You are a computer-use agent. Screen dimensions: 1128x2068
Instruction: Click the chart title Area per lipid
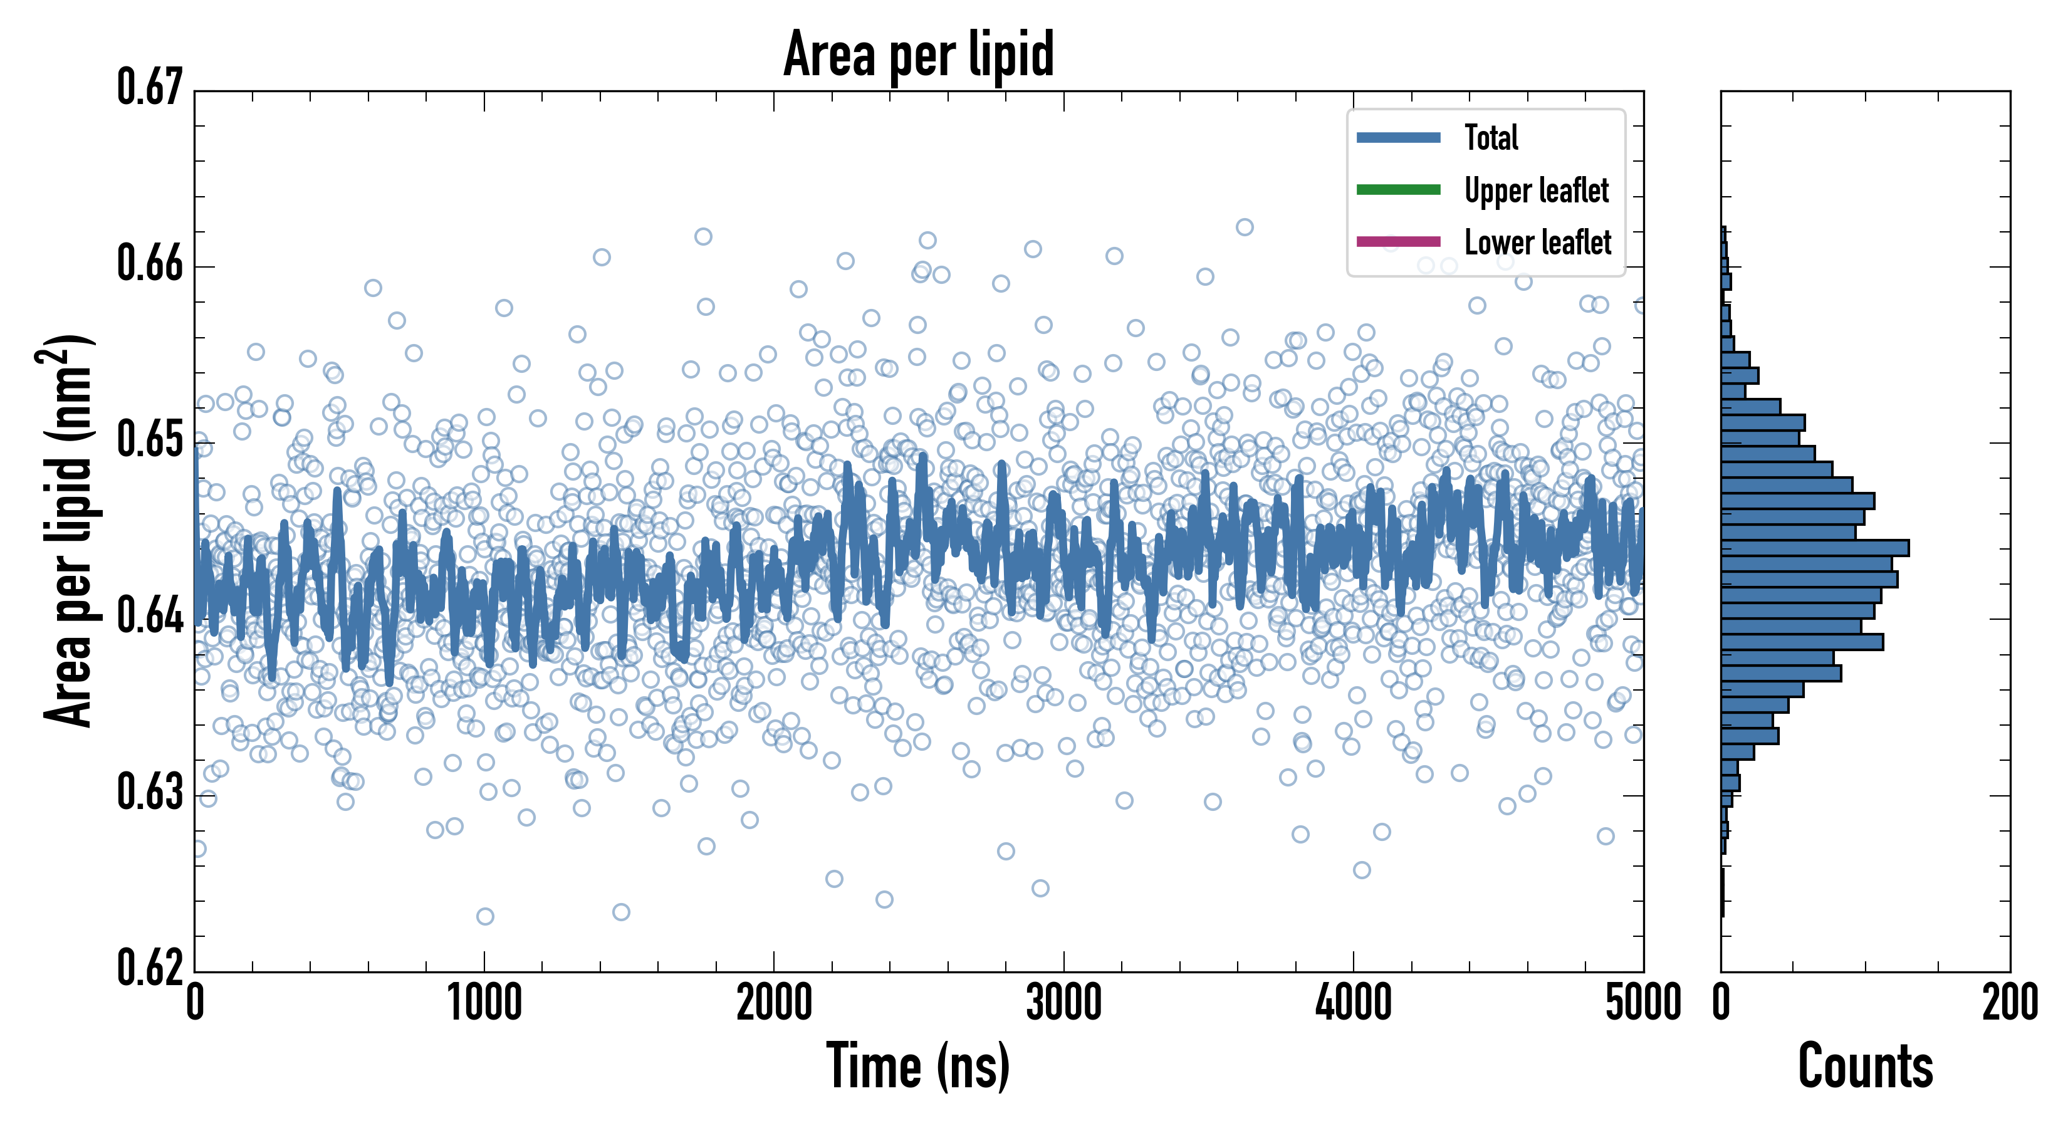[x=919, y=55]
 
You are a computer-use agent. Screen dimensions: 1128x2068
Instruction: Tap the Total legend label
[x=1491, y=137]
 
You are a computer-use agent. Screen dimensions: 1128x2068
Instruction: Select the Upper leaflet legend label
[x=1536, y=191]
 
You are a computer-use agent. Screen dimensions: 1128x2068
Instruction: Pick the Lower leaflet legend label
[x=1537, y=242]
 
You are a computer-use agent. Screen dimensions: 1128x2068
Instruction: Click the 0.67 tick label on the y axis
[x=150, y=88]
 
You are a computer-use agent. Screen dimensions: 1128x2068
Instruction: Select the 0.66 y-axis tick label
[x=150, y=263]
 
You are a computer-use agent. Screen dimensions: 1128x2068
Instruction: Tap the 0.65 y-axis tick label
[x=150, y=440]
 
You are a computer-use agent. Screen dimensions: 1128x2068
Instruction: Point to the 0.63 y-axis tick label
[x=150, y=792]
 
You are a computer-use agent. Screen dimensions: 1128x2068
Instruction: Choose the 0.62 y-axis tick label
[x=150, y=968]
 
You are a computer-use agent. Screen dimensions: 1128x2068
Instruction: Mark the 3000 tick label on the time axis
[x=1063, y=1003]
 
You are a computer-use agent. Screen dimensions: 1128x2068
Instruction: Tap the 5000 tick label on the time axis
[x=1642, y=1003]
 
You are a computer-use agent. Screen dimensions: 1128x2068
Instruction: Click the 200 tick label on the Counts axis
[x=2009, y=1003]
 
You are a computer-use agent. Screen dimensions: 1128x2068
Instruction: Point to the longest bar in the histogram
[x=1814, y=548]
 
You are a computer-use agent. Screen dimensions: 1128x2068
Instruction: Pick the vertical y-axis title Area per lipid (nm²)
[x=69, y=530]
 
